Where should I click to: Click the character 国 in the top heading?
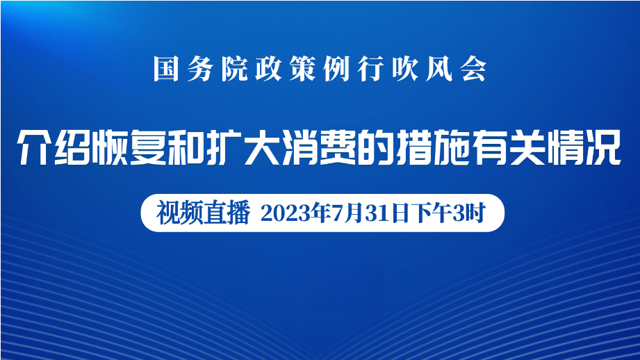point(165,69)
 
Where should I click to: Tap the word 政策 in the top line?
point(286,69)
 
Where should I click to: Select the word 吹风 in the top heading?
point(422,69)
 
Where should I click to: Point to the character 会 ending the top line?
point(474,69)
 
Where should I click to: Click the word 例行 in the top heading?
point(354,69)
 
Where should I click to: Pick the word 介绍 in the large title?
point(54,147)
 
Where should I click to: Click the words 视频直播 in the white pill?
point(204,213)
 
